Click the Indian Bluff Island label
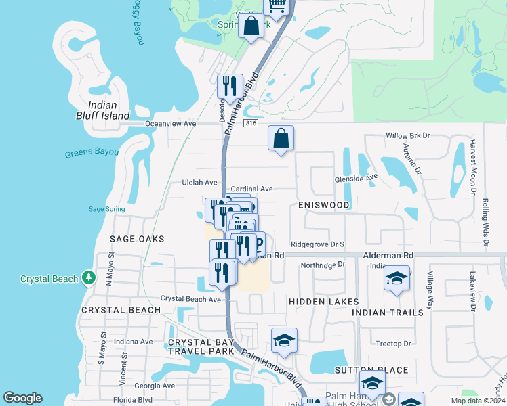pyautogui.click(x=103, y=110)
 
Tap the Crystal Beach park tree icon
pyautogui.click(x=87, y=278)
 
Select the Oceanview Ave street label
pyautogui.click(x=170, y=124)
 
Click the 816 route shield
pyautogui.click(x=251, y=124)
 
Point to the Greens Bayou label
pyautogui.click(x=92, y=153)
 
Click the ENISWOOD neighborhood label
pyautogui.click(x=323, y=205)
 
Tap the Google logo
pyautogui.click(x=22, y=398)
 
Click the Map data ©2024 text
pyautogui.click(x=477, y=401)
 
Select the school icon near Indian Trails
pyautogui.click(x=397, y=278)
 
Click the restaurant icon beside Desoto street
pyautogui.click(x=230, y=86)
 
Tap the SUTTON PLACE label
pyautogui.click(x=371, y=370)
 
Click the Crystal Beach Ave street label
pyautogui.click(x=190, y=299)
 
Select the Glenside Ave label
pyautogui.click(x=356, y=179)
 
